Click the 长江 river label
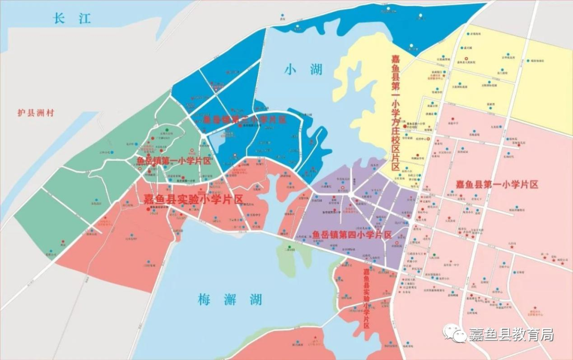point(72,19)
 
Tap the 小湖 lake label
point(303,69)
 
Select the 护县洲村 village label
point(36,113)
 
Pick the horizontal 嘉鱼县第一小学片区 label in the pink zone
point(497,185)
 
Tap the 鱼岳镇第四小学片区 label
point(352,234)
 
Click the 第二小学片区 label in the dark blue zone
point(245,120)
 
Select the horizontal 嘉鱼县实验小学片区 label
point(193,199)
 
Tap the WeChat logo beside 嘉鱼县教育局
point(455,333)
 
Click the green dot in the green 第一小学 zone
point(167,129)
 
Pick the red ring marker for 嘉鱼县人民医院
point(466,58)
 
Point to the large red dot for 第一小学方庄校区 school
point(405,126)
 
